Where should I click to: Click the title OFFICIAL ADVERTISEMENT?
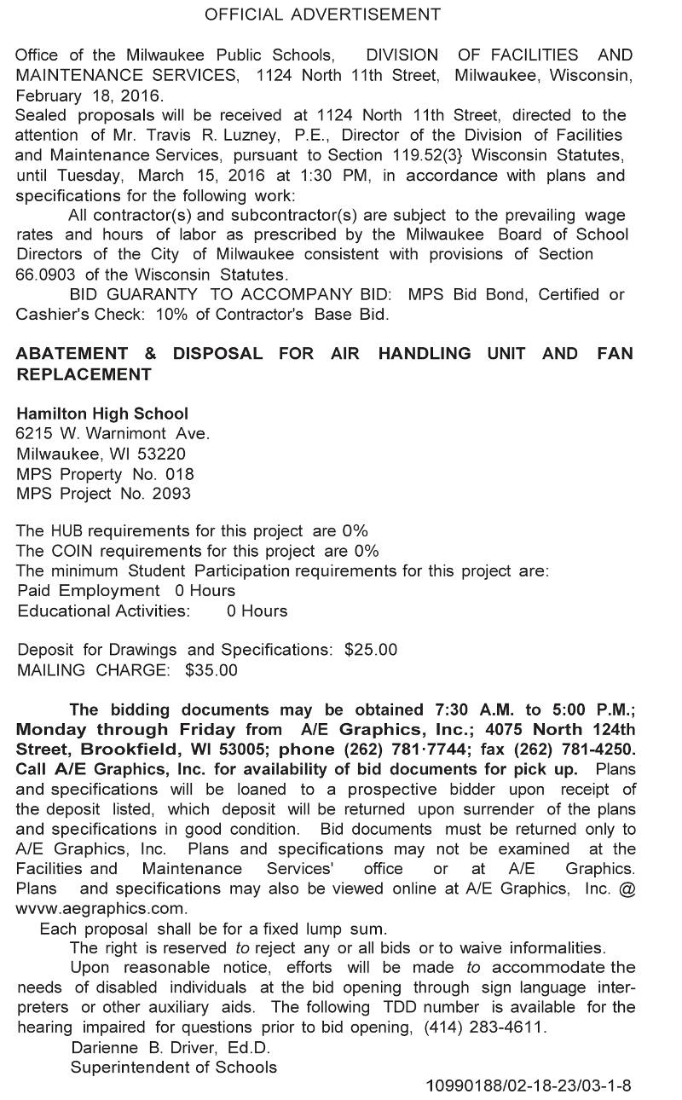click(x=323, y=14)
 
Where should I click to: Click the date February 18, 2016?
click(x=90, y=96)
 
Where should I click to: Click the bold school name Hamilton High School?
click(x=102, y=414)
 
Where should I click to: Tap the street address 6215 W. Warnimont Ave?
click(x=113, y=434)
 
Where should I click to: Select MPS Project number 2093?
click(x=171, y=494)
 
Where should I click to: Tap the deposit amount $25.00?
click(x=371, y=650)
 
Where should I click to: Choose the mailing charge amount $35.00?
click(x=211, y=670)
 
